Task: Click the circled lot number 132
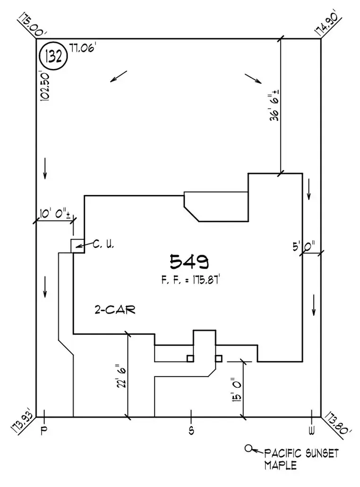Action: pos(53,56)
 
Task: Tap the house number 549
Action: pos(189,261)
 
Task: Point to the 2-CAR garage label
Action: pos(114,310)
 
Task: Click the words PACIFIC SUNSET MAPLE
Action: pos(301,459)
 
